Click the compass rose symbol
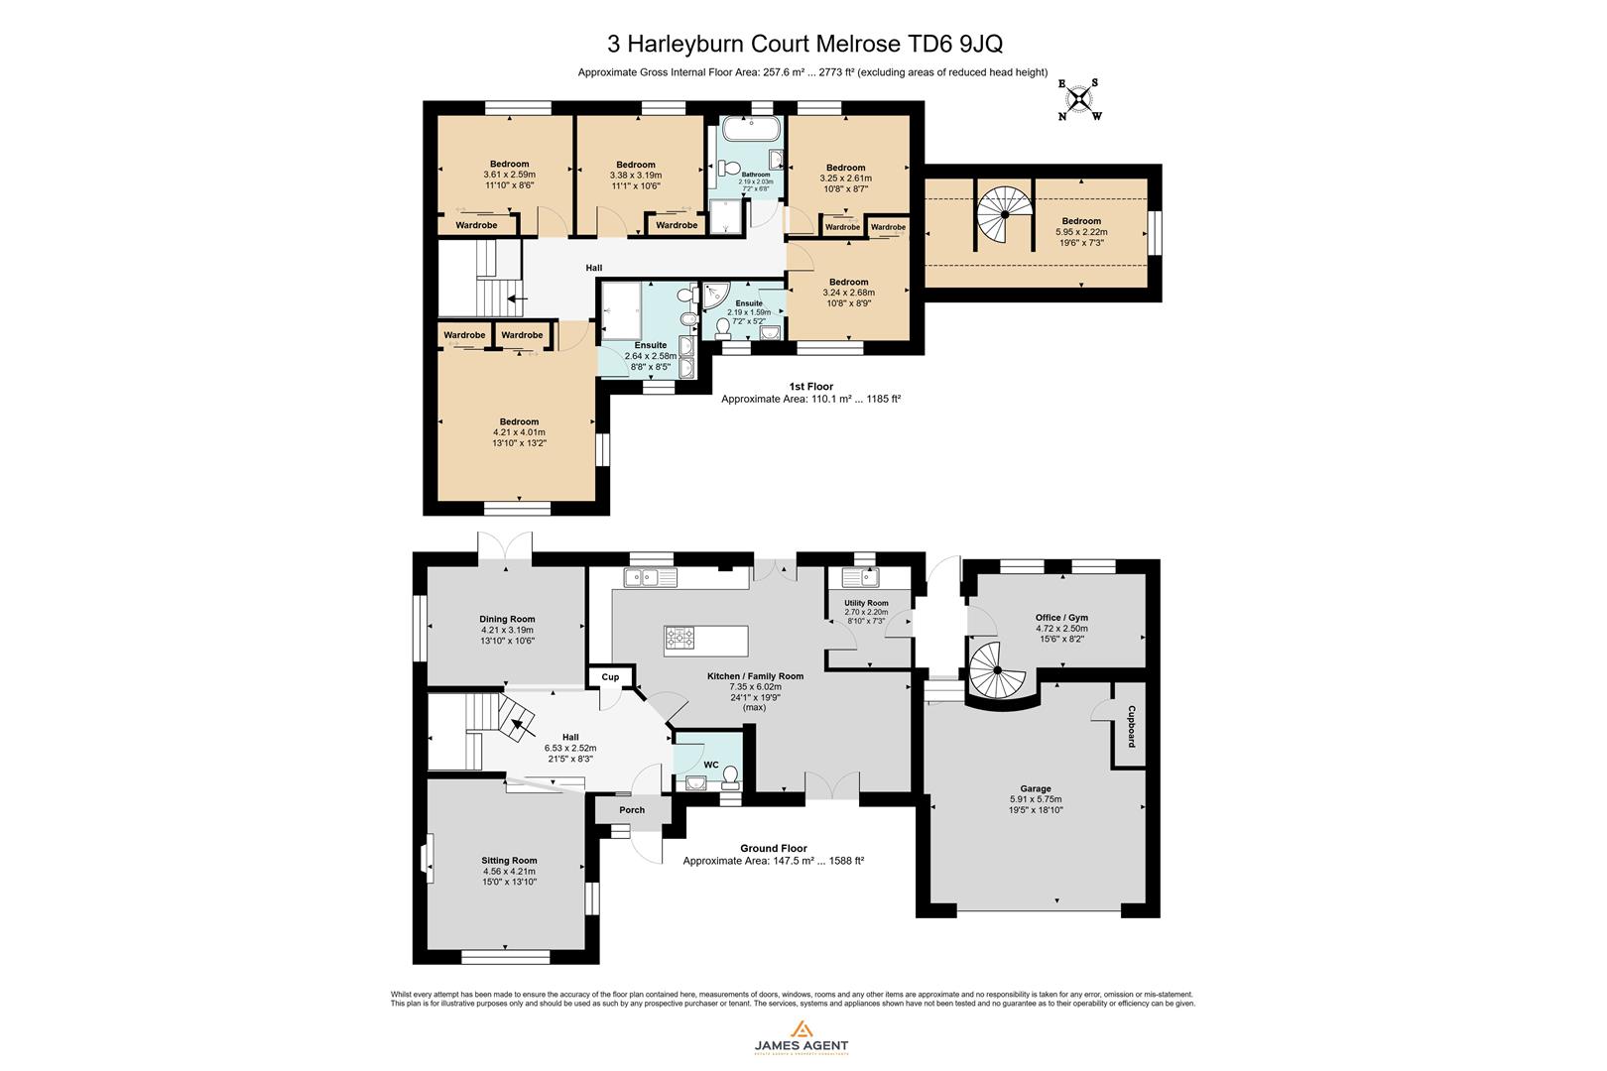pos(1079,100)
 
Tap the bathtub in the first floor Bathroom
pos(751,130)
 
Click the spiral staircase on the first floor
pos(1003,214)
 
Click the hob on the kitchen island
pos(681,638)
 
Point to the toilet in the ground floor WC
pos(732,774)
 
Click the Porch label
pos(632,810)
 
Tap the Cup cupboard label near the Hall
pos(610,677)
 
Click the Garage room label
pos(1036,789)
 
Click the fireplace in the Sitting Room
pos(426,858)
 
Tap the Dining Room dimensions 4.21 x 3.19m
pos(507,630)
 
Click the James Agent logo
pos(802,1037)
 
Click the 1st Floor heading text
pos(810,387)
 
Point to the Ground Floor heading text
pos(773,848)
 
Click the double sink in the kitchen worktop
pos(651,576)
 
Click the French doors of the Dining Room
pos(505,548)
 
